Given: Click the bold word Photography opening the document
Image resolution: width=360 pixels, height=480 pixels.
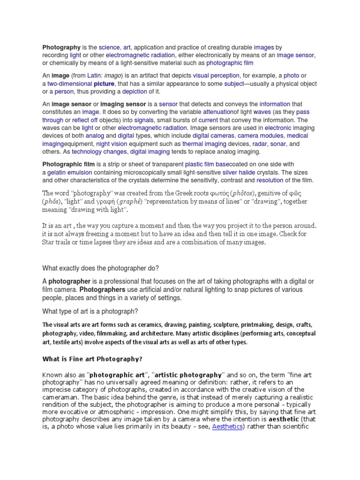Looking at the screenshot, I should pos(61,47).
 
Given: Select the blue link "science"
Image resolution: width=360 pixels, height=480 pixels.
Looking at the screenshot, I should pos(109,47).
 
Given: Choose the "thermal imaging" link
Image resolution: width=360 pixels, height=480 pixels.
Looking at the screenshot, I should pos(199,144).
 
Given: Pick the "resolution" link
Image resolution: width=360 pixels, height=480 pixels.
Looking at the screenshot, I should pos(270,180).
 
